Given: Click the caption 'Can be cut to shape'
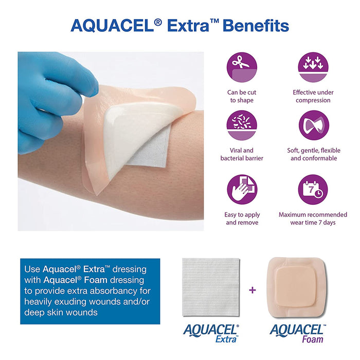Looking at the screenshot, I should tap(242, 96).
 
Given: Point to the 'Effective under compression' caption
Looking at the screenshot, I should tap(313, 96).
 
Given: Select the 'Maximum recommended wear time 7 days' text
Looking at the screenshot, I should tap(313, 219).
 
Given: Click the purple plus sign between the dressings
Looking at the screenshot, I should tap(252, 290).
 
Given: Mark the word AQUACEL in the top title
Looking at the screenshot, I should tap(106, 25).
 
